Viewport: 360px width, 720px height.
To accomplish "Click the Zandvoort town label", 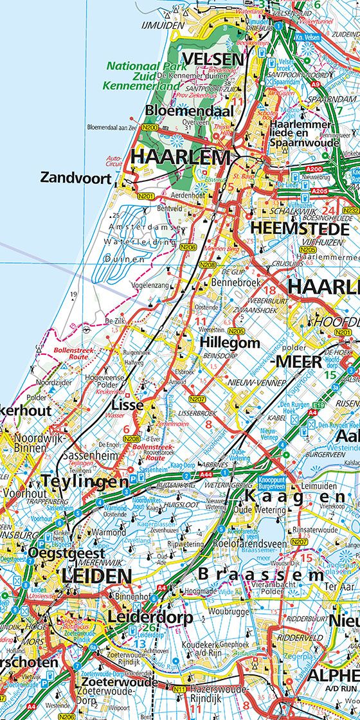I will click(x=76, y=178).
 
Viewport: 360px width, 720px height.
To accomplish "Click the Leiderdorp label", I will click(x=150, y=617).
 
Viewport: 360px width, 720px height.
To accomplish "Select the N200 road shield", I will click(x=150, y=128).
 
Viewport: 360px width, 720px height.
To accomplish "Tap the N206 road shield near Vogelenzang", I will click(x=188, y=246).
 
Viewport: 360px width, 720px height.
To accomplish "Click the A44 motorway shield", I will click(x=206, y=474).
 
